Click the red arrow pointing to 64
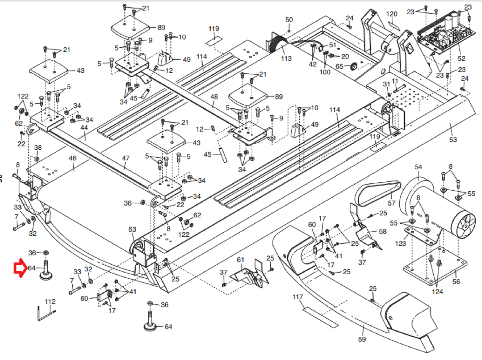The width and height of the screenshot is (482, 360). [x=19, y=268]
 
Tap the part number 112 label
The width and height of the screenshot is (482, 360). [x=50, y=302]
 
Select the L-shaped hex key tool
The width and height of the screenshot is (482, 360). [x=45, y=314]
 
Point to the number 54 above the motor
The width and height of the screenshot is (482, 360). [x=418, y=167]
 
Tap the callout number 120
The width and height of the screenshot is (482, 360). [x=392, y=14]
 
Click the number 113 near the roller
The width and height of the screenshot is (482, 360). [x=286, y=59]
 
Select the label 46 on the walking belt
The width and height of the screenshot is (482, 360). [x=72, y=158]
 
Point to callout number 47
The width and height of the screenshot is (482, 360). [x=126, y=158]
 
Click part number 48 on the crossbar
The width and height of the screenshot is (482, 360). [x=214, y=97]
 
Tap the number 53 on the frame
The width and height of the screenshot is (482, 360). [x=453, y=140]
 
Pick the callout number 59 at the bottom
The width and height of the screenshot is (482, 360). [x=362, y=339]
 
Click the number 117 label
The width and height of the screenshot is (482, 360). [x=298, y=297]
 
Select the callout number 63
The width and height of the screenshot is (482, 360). [x=132, y=229]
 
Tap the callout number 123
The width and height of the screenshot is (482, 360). [x=401, y=243]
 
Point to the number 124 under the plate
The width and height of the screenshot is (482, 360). [x=437, y=292]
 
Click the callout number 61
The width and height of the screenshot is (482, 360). [x=241, y=260]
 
